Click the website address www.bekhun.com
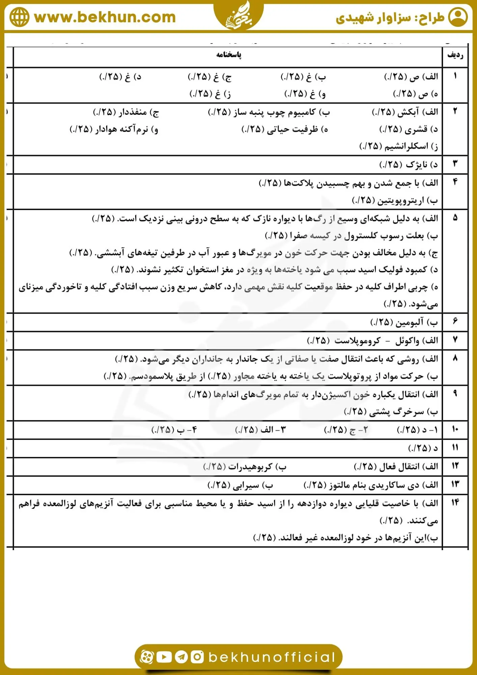click(105, 17)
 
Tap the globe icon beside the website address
click(20, 17)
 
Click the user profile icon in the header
click(458, 17)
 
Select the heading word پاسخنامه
click(229, 55)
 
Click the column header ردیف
click(455, 55)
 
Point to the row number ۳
click(455, 164)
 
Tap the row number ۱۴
click(455, 503)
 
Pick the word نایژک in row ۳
click(416, 164)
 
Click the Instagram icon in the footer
click(197, 657)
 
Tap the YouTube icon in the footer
click(164, 657)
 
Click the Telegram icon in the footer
click(181, 657)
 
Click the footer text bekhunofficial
click(272, 657)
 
